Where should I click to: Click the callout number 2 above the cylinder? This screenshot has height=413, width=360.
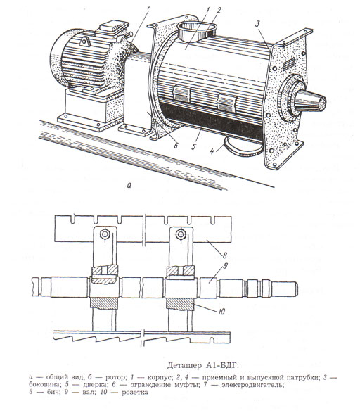219,11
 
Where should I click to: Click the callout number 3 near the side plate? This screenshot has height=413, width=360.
257,24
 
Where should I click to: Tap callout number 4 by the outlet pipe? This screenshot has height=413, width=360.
212,151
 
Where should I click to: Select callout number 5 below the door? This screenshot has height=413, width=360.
194,146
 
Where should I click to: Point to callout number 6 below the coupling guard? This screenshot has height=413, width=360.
176,145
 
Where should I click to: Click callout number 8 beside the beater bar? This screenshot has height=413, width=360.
225,255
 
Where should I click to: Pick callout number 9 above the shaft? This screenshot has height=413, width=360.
225,266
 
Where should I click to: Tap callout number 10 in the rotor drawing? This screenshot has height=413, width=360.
221,312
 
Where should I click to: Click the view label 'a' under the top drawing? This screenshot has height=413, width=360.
129,186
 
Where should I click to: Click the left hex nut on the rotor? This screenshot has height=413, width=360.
105,234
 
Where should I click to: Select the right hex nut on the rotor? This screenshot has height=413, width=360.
181,234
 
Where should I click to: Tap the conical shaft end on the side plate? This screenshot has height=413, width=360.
310,101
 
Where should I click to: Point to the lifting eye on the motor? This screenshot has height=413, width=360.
85,42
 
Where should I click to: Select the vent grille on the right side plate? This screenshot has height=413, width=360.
289,64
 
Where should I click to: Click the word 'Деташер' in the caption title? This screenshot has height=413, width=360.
184,366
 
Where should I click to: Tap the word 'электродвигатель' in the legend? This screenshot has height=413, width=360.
253,385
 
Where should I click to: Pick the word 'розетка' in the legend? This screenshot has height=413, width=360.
135,393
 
